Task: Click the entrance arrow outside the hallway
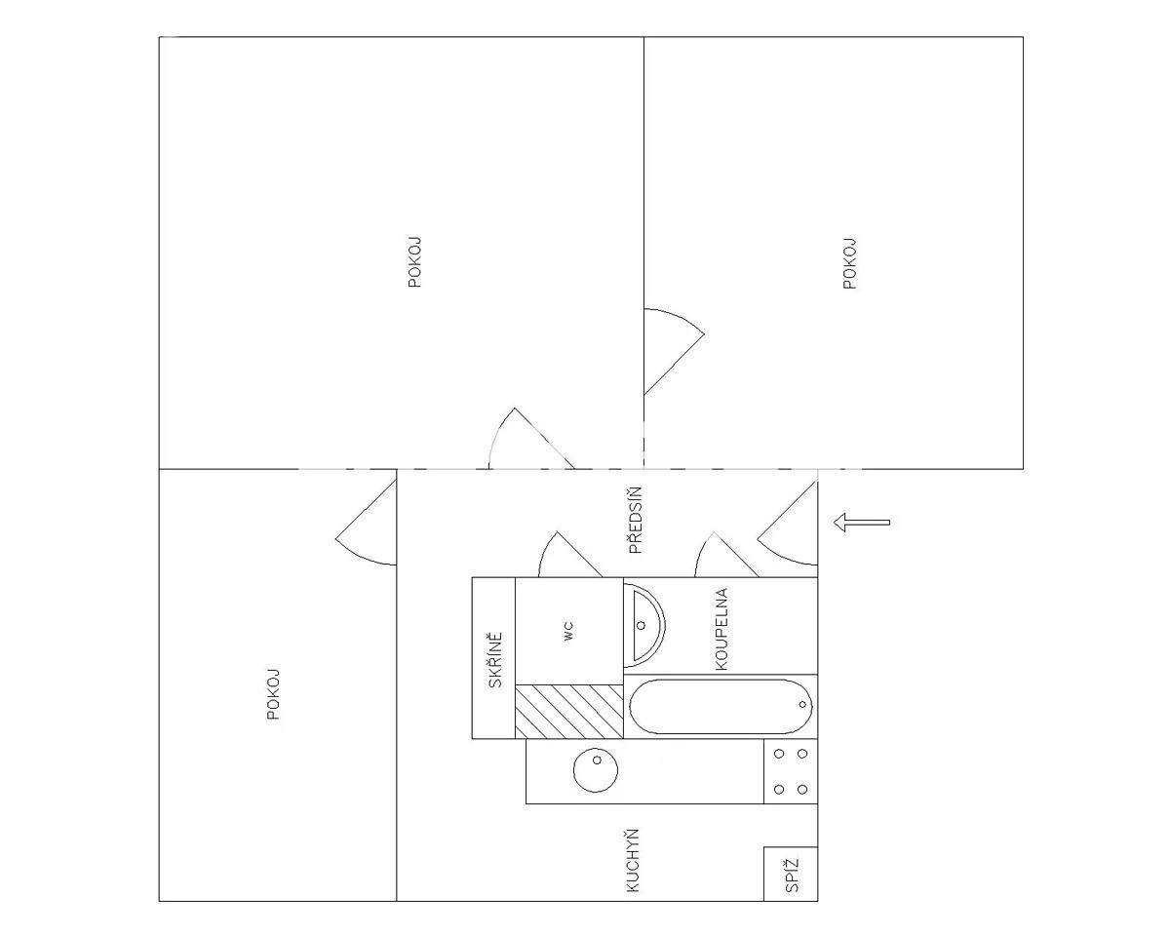pyautogui.click(x=862, y=523)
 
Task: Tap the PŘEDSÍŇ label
pyautogui.click(x=635, y=521)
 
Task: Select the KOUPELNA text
pyautogui.click(x=721, y=629)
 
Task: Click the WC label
pyautogui.click(x=568, y=631)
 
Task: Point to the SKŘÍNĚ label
pyautogui.click(x=495, y=660)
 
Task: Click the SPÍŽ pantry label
pyautogui.click(x=792, y=876)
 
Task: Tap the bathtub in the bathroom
pyautogui.click(x=721, y=707)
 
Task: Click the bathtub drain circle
pyautogui.click(x=802, y=705)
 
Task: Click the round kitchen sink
pyautogui.click(x=596, y=770)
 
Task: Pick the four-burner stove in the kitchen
pyautogui.click(x=791, y=771)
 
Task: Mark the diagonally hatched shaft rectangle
pyautogui.click(x=568, y=712)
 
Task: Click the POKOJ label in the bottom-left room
pyautogui.click(x=273, y=694)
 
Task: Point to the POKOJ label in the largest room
pyautogui.click(x=414, y=261)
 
